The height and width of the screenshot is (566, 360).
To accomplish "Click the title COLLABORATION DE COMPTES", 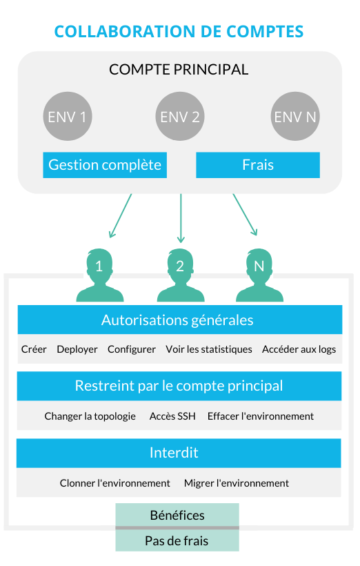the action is click(x=179, y=31).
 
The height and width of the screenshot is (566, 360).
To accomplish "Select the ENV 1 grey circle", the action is click(x=68, y=116).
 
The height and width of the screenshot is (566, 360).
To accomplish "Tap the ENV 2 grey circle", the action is click(x=180, y=116).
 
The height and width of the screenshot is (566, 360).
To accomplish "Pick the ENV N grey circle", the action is click(x=295, y=116).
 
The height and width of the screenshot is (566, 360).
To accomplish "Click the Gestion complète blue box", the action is click(x=105, y=165).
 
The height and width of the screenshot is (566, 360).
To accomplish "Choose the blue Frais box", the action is click(x=258, y=165).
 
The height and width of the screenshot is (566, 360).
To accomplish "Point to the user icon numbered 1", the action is click(x=99, y=275).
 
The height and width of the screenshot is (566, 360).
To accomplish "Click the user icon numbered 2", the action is click(x=181, y=275).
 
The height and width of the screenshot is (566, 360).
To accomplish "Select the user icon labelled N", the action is click(x=259, y=275).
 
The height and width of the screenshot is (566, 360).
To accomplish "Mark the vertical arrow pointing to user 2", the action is click(x=181, y=218).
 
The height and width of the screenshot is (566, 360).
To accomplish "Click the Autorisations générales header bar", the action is click(x=180, y=320).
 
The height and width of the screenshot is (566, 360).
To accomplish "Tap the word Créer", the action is click(x=34, y=349).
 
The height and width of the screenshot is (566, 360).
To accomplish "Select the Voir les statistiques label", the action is click(x=209, y=349).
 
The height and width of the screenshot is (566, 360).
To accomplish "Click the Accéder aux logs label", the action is click(x=299, y=349).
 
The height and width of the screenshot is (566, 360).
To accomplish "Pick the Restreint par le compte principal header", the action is click(x=179, y=386).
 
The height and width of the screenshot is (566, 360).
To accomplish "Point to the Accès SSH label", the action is click(x=172, y=416).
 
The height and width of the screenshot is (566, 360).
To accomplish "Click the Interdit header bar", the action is click(x=179, y=453).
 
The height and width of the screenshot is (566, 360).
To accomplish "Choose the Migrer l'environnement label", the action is click(x=237, y=483).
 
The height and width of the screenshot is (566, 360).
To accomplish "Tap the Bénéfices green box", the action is click(x=177, y=515).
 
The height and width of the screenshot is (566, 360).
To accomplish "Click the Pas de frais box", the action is click(x=177, y=540).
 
